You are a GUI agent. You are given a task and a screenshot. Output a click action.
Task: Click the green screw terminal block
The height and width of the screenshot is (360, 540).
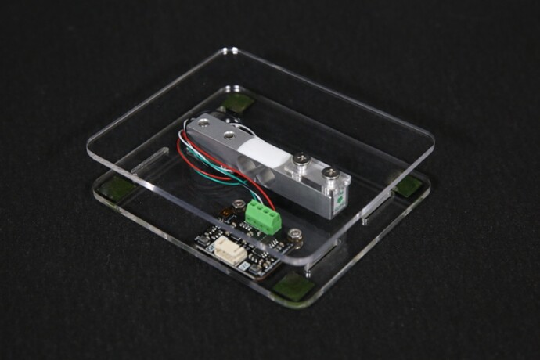(x=264, y=217)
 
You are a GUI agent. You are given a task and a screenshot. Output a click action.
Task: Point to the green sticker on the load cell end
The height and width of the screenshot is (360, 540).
(x=340, y=200)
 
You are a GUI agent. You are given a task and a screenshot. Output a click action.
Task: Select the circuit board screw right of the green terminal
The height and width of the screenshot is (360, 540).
(x=296, y=233)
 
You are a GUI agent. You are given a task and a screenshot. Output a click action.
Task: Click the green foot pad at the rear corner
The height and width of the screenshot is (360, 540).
(x=238, y=103)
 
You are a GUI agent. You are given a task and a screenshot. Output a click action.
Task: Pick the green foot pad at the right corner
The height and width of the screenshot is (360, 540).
(x=408, y=185)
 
